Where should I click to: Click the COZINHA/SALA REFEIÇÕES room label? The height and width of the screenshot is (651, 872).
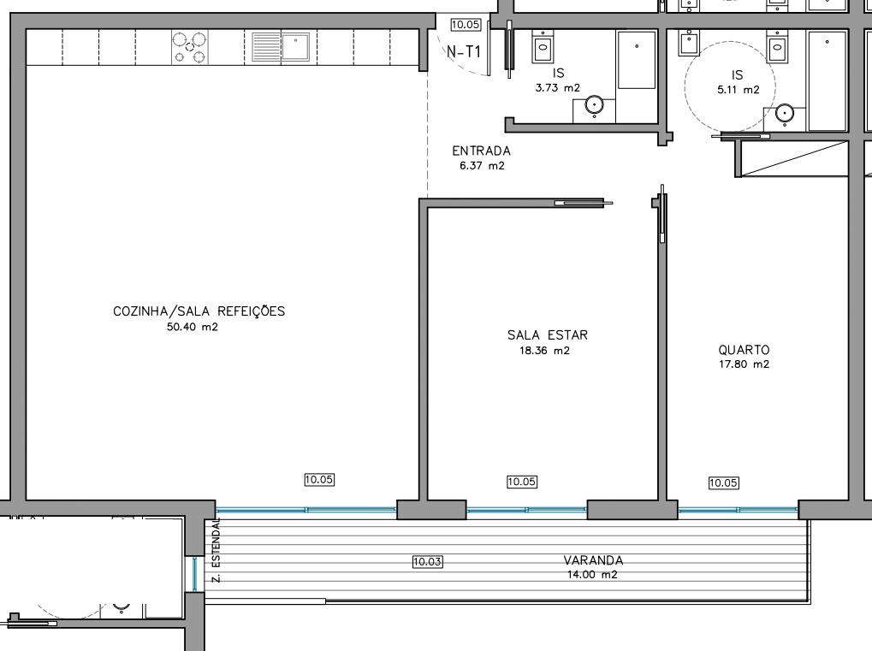pyautogui.click(x=199, y=311)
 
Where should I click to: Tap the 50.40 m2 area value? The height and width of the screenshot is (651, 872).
pyautogui.click(x=193, y=326)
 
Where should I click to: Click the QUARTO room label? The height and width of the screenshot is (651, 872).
pyautogui.click(x=744, y=350)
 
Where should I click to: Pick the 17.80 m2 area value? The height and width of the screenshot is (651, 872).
pyautogui.click(x=744, y=364)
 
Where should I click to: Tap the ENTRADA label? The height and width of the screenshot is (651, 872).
pyautogui.click(x=481, y=151)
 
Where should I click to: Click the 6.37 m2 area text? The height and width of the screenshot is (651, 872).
pyautogui.click(x=482, y=166)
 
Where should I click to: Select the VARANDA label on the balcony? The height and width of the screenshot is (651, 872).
pyautogui.click(x=593, y=560)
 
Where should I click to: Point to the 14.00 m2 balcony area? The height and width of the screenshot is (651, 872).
pyautogui.click(x=592, y=575)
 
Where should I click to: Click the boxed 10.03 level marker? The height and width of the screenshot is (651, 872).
pyautogui.click(x=428, y=562)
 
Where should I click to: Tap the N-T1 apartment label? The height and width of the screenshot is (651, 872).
pyautogui.click(x=464, y=52)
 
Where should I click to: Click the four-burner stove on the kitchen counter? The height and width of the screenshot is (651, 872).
pyautogui.click(x=190, y=47)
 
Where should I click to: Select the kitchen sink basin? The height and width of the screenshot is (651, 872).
pyautogui.click(x=295, y=46)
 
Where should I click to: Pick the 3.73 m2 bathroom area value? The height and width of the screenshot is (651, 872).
pyautogui.click(x=558, y=87)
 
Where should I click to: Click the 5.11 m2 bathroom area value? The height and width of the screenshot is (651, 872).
pyautogui.click(x=738, y=89)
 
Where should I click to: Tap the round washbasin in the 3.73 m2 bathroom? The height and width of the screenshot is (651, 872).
pyautogui.click(x=594, y=106)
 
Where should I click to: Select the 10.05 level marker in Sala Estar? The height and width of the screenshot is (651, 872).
pyautogui.click(x=522, y=482)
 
